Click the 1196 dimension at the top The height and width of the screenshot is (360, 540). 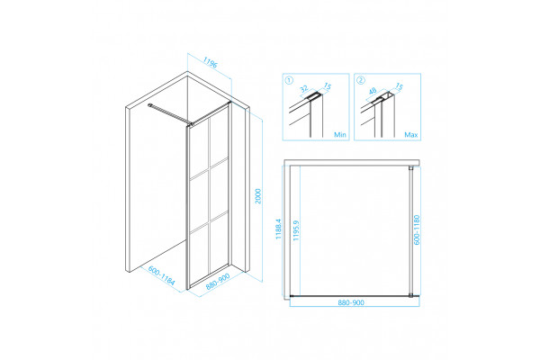coord(210,62)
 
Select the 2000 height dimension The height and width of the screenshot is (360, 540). coord(258,196)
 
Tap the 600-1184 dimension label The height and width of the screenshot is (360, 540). coord(162,275)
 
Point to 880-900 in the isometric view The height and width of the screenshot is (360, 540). coord(218,282)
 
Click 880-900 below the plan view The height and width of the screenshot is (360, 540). coord(351,302)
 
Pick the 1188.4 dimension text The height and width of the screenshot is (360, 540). coord(279,229)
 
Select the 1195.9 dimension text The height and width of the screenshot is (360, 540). coord(296,230)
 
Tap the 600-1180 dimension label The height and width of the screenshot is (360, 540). coord(417,229)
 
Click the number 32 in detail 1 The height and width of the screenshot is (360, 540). coord(304,89)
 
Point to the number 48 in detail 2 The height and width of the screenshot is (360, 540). coord(373,91)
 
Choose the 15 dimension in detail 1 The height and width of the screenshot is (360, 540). coord(328,86)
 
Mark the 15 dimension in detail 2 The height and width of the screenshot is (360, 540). coord(399,86)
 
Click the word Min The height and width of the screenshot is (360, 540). coord(340,135)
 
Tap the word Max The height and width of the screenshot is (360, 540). coord(411,135)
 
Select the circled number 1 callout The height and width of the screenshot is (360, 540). coord(289,80)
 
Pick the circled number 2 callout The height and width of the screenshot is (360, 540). coord(361,80)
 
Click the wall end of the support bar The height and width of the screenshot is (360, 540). coord(149,104)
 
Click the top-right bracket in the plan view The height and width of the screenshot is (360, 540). coord(411,167)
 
